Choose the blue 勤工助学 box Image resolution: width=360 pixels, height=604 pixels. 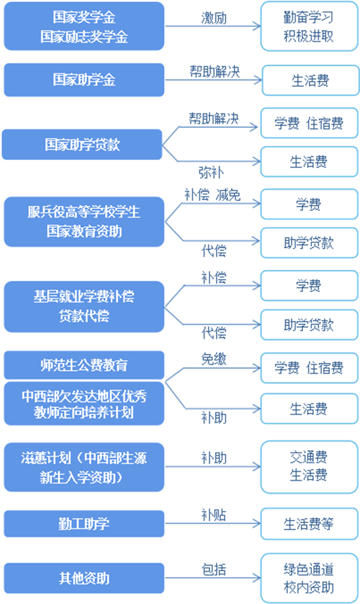pos(84,524)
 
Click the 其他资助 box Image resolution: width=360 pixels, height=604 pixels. pos(84,579)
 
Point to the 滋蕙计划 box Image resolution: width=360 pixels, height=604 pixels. pos(84,467)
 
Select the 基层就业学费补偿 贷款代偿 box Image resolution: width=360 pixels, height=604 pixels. pos(84,306)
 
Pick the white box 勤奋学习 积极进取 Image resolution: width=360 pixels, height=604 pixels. pos(308,26)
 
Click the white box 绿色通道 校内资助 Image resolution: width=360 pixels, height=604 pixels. pos(308,578)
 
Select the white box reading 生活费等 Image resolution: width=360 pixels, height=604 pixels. pos(308,524)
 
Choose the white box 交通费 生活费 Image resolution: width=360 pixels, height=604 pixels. pos(308,467)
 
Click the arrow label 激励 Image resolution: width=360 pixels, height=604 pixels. pos(214,18)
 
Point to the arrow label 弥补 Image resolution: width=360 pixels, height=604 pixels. pos(211,173)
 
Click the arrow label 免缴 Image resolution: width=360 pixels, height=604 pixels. pos(214,359)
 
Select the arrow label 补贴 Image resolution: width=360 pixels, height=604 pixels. pos(214,515)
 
